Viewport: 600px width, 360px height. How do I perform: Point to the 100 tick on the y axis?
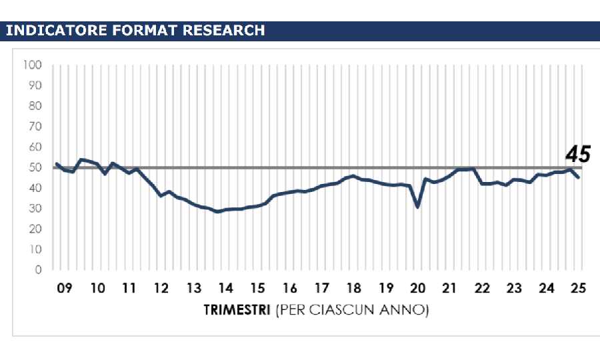32,65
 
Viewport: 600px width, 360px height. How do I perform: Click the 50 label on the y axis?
35,167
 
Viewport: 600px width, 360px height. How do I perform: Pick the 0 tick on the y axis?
38,270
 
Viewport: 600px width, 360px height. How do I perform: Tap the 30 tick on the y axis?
35,209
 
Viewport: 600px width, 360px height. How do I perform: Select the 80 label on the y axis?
35,106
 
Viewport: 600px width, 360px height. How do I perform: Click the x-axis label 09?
64,289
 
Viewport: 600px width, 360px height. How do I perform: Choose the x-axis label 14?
225,289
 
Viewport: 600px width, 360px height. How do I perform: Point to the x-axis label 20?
418,289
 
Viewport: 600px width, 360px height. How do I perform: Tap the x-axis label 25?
579,289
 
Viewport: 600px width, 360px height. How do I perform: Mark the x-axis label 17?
322,289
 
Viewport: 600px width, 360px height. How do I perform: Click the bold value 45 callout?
578,155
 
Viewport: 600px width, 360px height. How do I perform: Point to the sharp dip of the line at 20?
418,207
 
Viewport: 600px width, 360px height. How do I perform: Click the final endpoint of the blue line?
579,177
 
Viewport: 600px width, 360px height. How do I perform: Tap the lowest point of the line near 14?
217,211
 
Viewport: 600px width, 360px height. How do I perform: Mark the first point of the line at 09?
56,163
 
